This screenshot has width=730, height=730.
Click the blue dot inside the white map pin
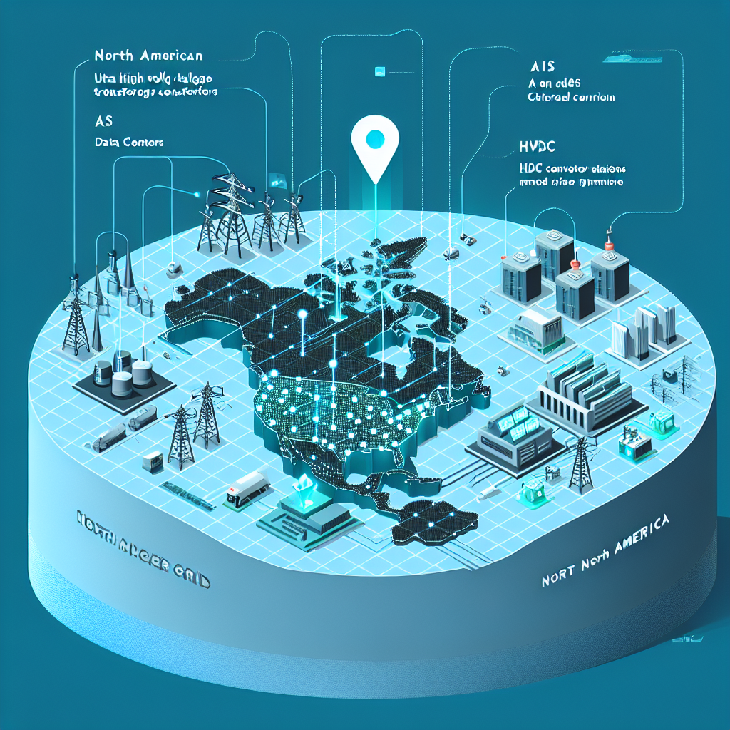point(374,140)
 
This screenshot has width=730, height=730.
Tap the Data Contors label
point(128,142)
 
